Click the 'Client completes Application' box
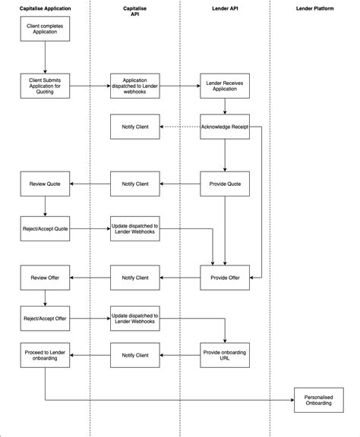pos(45,30)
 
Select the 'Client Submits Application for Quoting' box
pos(45,86)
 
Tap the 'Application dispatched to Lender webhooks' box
pos(135,86)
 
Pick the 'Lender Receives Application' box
pos(225,86)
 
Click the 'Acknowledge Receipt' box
pos(225,126)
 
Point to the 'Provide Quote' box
pos(225,184)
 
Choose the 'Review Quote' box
pos(45,184)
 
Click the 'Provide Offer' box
pos(225,278)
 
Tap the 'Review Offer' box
pos(45,278)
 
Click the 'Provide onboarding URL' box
pos(225,354)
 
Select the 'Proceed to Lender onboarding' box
pos(45,354)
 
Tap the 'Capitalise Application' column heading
pos(45,7)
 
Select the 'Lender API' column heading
pos(225,7)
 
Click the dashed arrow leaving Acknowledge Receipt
pos(180,126)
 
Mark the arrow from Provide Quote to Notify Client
pos(180,184)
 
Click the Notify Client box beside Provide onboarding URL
pos(135,354)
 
